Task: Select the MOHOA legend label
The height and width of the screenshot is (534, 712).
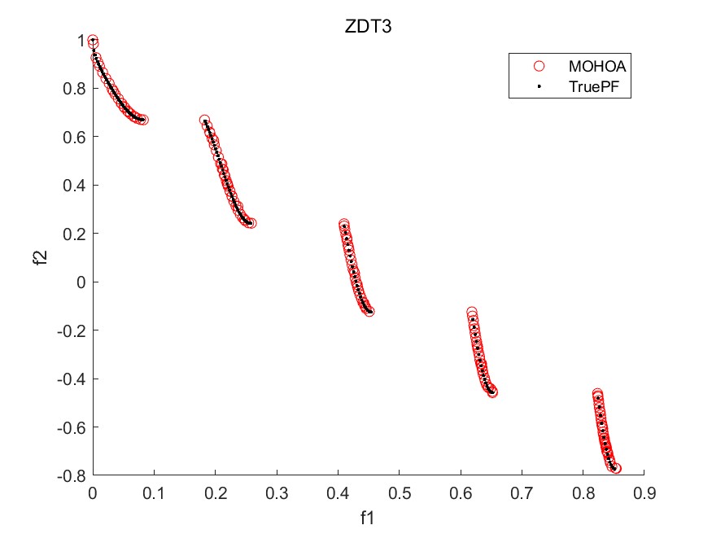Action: coord(597,66)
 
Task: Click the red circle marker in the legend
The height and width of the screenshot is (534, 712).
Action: coord(537,66)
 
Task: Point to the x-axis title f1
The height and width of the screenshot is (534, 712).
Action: coord(368,517)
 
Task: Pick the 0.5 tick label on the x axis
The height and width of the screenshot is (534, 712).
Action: coord(399,492)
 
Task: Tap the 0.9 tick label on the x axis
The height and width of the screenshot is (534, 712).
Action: coord(643,492)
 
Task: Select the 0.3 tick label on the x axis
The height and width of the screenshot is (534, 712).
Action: coord(277,492)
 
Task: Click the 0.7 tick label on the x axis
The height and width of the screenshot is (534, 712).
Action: coord(521,492)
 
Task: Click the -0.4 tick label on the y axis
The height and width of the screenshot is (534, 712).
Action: coord(70,379)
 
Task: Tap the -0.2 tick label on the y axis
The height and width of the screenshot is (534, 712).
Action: coord(70,330)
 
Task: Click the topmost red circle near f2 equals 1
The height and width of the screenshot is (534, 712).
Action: coord(93,41)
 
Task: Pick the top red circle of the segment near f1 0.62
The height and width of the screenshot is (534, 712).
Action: coord(471,313)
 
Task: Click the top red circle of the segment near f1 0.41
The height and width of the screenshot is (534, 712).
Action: coord(343,224)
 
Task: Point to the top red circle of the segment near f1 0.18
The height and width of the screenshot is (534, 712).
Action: coord(204,120)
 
